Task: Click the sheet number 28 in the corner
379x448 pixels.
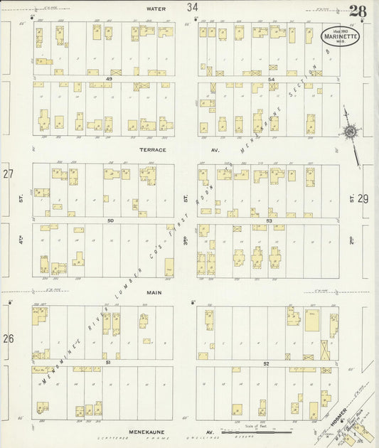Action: coord(358,11)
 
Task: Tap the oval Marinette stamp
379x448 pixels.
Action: coord(341,36)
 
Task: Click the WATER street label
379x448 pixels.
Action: coord(156,9)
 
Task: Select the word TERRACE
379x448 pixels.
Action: coord(153,150)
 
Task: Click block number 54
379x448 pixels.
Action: coord(272,79)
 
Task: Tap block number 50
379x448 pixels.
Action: coord(110,221)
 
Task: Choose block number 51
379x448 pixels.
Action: coord(108,363)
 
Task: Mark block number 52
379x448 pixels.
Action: coord(267,363)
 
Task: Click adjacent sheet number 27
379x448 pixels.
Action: coord(8,174)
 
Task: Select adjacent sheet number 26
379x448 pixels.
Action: coord(8,338)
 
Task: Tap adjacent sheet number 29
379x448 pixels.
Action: coord(363,200)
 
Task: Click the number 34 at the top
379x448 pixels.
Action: coord(192,7)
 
